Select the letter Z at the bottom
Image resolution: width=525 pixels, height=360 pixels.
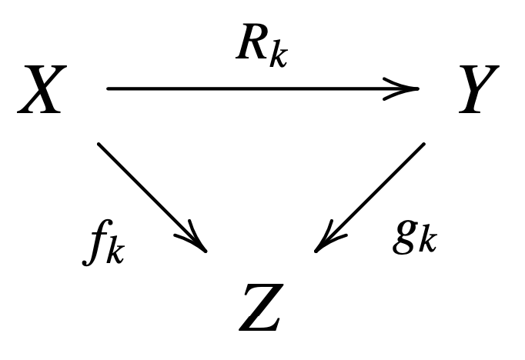(259, 308)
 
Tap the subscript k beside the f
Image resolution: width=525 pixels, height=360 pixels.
(114, 252)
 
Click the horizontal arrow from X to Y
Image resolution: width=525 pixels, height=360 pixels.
(262, 88)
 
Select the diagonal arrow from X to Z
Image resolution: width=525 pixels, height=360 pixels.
(152, 196)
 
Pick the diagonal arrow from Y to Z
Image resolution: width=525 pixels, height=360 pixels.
(370, 196)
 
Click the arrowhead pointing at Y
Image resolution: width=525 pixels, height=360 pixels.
(408, 88)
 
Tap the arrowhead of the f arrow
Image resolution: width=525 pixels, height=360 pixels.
(199, 243)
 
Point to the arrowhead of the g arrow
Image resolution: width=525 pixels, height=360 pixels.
(324, 243)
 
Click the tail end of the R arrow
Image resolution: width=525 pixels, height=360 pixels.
(109, 88)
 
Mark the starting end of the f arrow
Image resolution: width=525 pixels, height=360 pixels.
(100, 145)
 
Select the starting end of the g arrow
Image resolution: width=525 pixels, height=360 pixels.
(422, 145)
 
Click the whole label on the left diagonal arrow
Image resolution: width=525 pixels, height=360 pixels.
(103, 245)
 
